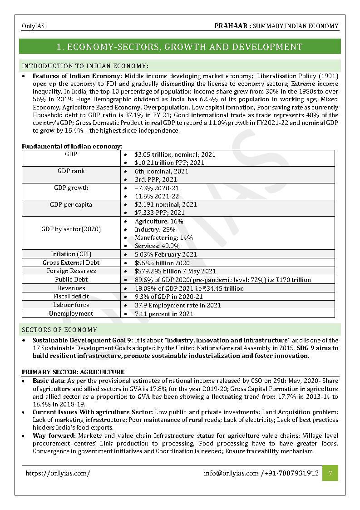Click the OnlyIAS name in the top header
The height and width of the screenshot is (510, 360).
coord(33,26)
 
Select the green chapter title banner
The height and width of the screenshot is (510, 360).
coord(180,47)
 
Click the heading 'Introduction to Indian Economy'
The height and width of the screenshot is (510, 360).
coord(85,66)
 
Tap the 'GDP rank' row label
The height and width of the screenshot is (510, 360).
coord(71,171)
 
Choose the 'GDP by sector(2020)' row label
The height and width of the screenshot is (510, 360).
coord(71,229)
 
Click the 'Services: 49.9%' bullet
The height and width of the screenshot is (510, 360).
coord(157,246)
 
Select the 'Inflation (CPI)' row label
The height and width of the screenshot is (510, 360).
coord(71,254)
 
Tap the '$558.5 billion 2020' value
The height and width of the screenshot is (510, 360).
coord(162,263)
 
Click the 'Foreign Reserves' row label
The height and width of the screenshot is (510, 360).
coord(71,271)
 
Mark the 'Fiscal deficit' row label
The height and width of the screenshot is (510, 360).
coord(71,297)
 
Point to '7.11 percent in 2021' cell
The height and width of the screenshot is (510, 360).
coord(164,314)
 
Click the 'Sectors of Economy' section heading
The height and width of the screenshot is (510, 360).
coord(59,330)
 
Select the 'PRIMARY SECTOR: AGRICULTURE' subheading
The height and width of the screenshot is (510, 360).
coord(73,372)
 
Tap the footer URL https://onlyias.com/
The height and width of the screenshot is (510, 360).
coord(58,473)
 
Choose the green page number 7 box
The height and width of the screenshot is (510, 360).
coord(330,473)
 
